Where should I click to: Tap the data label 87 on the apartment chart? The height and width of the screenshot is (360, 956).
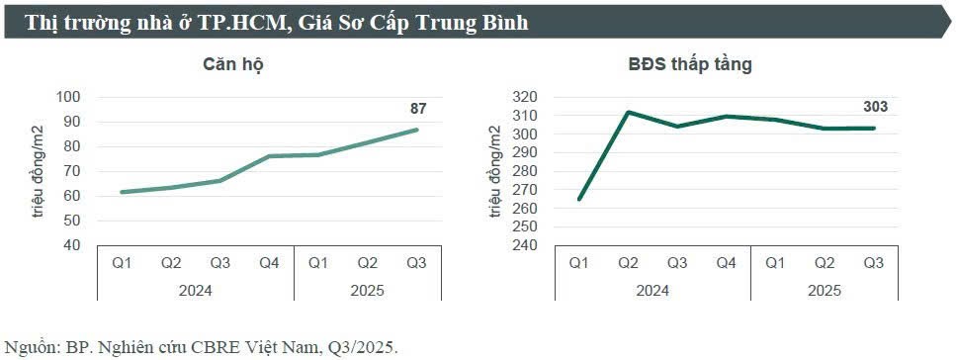pyautogui.click(x=418, y=109)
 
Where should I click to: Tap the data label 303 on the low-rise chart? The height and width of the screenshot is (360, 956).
pyautogui.click(x=875, y=109)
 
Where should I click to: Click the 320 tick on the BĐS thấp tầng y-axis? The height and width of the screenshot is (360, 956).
pyautogui.click(x=525, y=97)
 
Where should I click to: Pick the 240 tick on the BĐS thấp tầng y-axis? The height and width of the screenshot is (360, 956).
pyautogui.click(x=525, y=245)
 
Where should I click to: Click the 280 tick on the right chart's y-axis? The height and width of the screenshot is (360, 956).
pyautogui.click(x=525, y=171)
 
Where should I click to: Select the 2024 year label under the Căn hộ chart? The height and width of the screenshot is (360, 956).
pyautogui.click(x=196, y=291)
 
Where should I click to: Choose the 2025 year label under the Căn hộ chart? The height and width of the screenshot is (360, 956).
pyautogui.click(x=368, y=291)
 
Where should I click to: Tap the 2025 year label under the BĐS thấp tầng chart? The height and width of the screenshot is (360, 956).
pyautogui.click(x=825, y=291)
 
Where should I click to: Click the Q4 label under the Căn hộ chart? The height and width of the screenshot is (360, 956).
pyautogui.click(x=270, y=263)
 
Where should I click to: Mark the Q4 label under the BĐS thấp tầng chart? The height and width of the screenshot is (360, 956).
pyautogui.click(x=727, y=263)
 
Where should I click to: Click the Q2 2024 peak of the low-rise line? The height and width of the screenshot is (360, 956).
pyautogui.click(x=628, y=112)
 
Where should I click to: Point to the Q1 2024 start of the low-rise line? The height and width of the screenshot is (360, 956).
pyautogui.click(x=578, y=199)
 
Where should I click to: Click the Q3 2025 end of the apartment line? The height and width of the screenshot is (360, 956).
pyautogui.click(x=417, y=130)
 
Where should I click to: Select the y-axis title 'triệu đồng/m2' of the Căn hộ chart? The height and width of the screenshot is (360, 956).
pyautogui.click(x=39, y=171)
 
